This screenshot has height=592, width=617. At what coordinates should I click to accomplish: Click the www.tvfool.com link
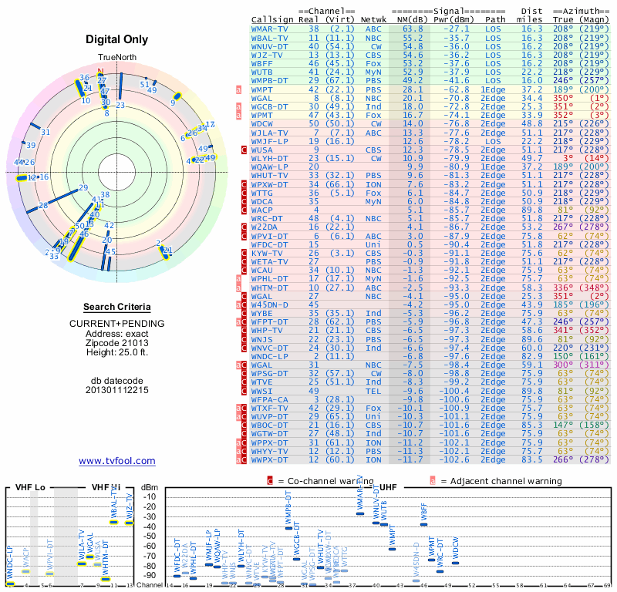coord(116,461)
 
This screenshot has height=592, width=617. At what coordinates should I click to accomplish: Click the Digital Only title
coord(116,39)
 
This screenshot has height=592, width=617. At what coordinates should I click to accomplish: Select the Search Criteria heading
coord(116,307)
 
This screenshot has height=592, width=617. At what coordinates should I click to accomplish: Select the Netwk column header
coord(374,18)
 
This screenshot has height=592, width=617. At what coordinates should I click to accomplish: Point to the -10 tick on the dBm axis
coord(149,496)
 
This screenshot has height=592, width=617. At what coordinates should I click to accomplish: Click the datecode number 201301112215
coord(116,390)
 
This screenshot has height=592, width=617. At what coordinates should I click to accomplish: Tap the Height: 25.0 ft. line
coord(116,352)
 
